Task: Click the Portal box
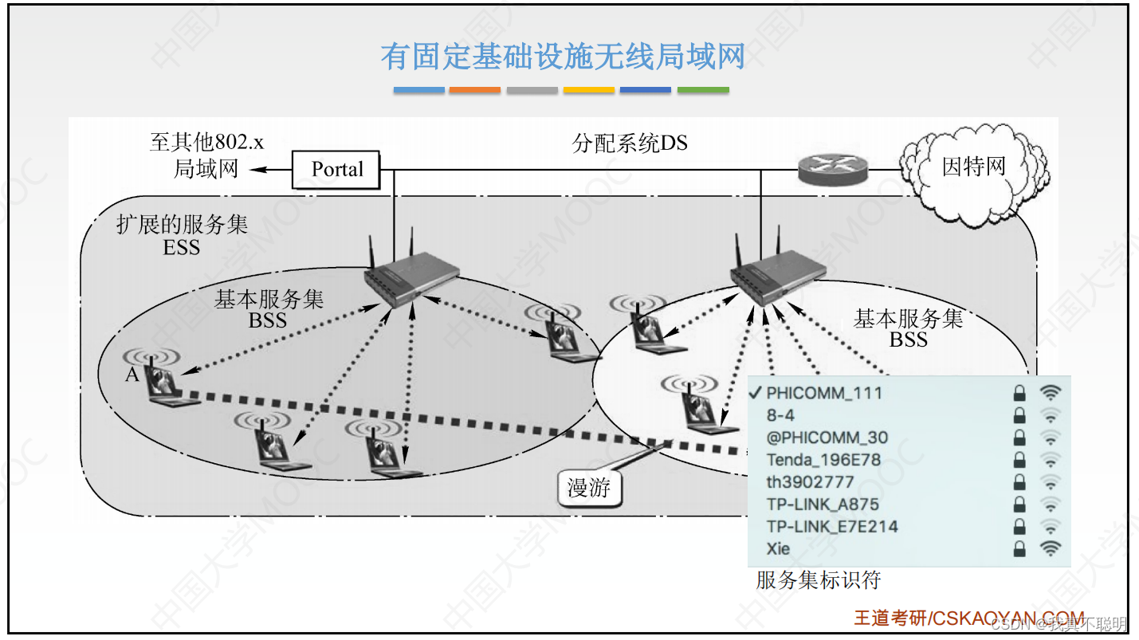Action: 336,169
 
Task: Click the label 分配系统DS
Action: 630,143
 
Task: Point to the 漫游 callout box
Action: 588,488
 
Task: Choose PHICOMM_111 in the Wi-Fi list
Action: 824,393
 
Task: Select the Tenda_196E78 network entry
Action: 823,460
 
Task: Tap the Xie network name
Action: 778,548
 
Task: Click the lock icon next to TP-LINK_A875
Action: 1019,505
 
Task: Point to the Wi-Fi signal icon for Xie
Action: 1051,548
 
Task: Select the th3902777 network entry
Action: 810,482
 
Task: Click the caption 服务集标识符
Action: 818,580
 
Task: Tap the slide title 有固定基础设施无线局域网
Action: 562,57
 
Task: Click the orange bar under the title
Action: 475,90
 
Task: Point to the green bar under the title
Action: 703,90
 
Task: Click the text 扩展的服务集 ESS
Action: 182,235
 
